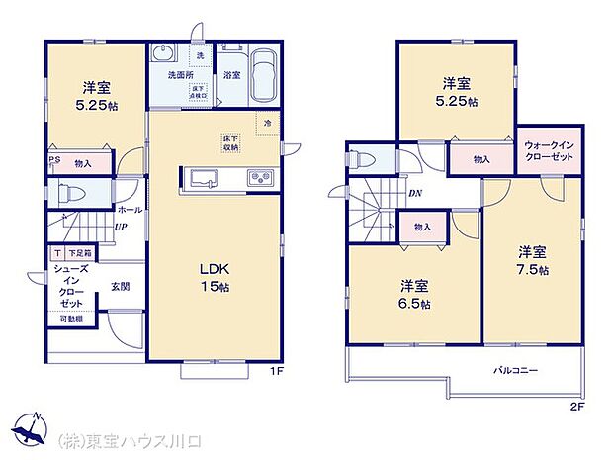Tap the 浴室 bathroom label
point(232,75)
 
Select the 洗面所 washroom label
point(170,75)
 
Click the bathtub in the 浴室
point(263,75)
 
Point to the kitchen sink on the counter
point(204,178)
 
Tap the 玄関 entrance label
point(121,286)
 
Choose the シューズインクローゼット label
point(70,286)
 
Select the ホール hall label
point(130,210)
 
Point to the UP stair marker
point(119,228)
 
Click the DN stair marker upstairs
point(415,194)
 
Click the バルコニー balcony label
point(516,370)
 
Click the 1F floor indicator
point(278,371)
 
